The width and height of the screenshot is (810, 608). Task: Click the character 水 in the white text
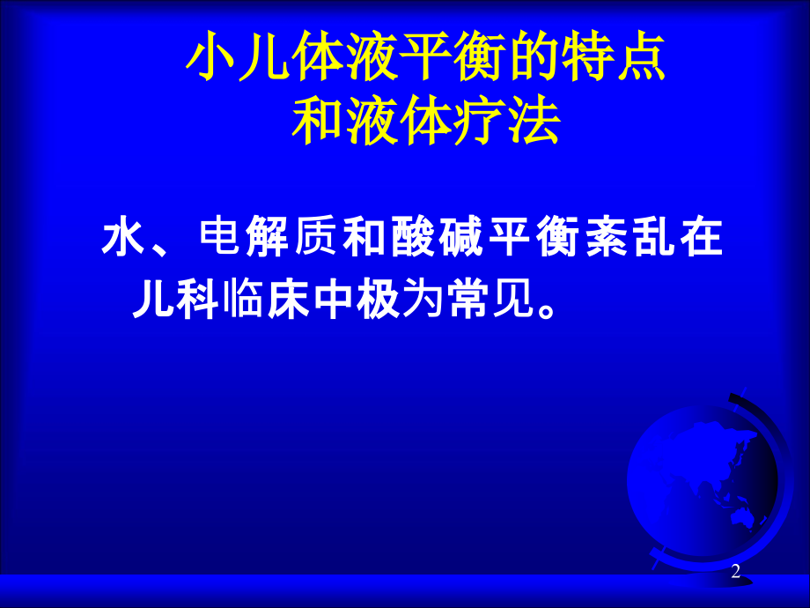(x=124, y=240)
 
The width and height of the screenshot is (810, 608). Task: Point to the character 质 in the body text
(x=316, y=240)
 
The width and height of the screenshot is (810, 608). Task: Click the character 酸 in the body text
(x=412, y=240)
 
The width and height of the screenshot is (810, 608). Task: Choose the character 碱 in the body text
(x=460, y=240)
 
